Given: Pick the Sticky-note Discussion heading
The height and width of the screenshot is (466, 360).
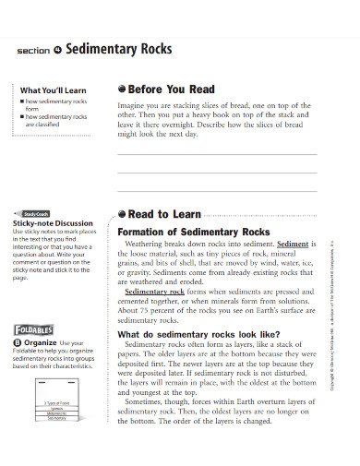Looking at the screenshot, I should click(53, 223).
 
